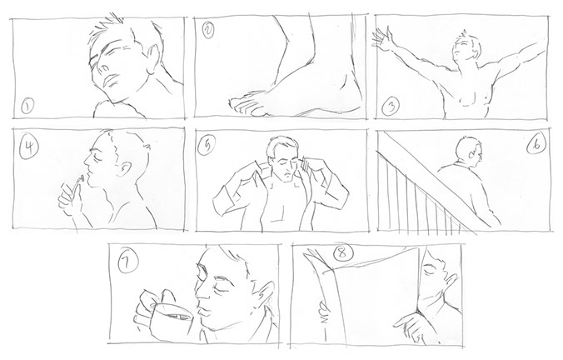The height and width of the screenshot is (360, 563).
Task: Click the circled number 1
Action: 27,107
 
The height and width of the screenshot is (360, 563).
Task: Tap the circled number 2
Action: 208,30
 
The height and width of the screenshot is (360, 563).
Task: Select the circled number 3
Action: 391,107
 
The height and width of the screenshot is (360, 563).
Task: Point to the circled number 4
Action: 29,147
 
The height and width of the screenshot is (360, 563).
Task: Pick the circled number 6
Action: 537,144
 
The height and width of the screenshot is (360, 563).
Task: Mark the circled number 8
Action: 342,253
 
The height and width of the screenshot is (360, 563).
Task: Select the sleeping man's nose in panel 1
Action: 103,67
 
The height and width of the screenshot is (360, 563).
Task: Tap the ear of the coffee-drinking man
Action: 266,292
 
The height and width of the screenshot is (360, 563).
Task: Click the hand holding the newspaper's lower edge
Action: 411,326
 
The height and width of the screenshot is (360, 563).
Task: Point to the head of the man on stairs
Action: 468,151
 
